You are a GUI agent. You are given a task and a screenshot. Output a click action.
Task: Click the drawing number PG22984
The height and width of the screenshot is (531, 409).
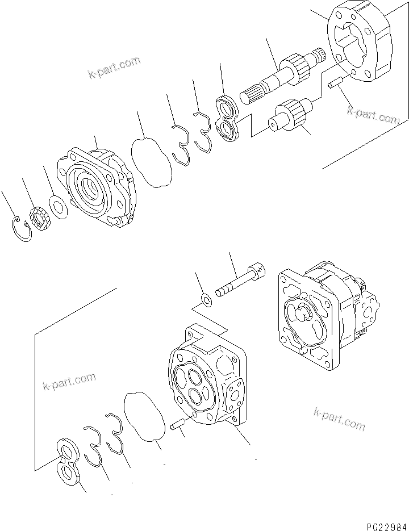382,520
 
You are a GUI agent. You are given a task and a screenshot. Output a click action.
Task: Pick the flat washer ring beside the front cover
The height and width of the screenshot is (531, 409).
58,206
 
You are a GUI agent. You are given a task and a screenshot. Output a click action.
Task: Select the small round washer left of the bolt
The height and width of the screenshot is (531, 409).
208,299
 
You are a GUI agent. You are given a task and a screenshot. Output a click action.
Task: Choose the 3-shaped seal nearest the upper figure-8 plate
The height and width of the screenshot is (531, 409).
203,132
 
